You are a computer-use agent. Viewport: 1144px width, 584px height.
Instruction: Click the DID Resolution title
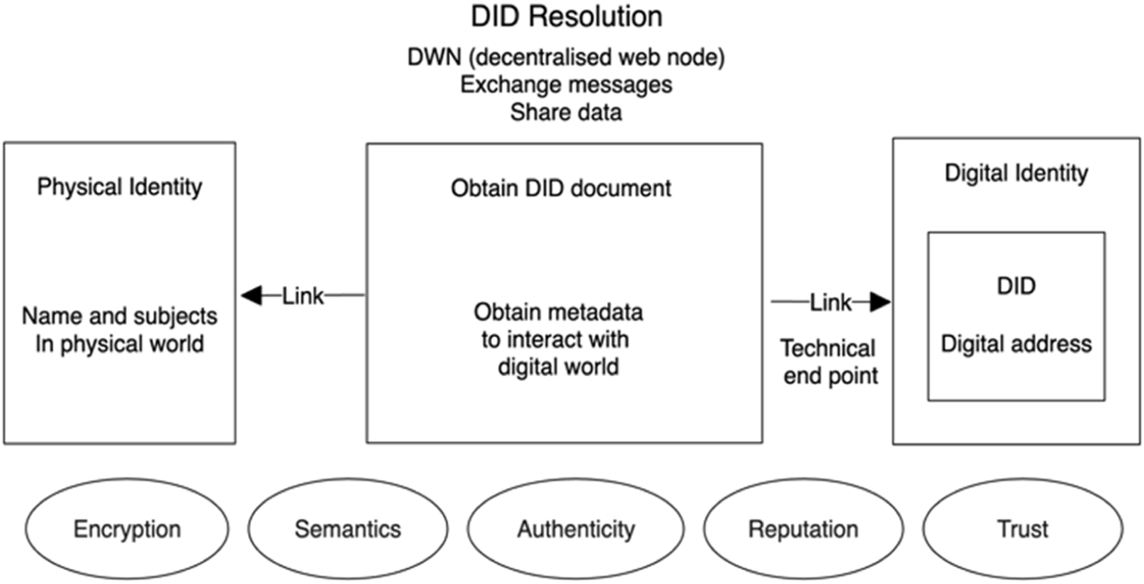click(x=566, y=16)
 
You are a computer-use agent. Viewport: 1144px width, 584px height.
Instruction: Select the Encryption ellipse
click(x=127, y=528)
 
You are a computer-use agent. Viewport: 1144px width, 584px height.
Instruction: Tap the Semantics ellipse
click(x=347, y=528)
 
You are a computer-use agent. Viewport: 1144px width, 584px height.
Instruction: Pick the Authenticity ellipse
click(x=575, y=528)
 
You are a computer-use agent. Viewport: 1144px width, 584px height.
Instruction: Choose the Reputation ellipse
click(x=803, y=528)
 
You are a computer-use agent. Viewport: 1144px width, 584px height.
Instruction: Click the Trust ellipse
click(x=1022, y=528)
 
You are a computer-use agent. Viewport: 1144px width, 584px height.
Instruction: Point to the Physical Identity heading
click(x=119, y=186)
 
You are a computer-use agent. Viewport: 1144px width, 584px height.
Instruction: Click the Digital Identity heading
click(x=1016, y=173)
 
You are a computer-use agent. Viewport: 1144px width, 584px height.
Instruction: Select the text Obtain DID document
click(x=561, y=188)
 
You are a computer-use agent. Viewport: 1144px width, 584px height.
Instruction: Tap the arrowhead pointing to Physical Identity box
click(x=251, y=295)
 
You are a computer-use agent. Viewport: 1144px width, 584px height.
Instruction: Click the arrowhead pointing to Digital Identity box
click(x=879, y=303)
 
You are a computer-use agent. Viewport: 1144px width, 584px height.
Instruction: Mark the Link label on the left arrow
click(x=303, y=295)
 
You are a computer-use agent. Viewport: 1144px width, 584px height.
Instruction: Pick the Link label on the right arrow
click(x=830, y=303)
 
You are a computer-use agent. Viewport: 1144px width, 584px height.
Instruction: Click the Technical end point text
click(x=828, y=362)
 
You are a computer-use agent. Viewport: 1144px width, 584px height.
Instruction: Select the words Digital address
click(x=1016, y=344)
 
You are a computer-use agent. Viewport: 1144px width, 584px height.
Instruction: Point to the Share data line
click(x=565, y=112)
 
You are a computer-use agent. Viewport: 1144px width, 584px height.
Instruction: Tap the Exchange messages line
click(x=565, y=85)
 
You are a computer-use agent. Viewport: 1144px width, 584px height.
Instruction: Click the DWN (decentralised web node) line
click(x=565, y=59)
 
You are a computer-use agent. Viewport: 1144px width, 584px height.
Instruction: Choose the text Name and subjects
click(x=119, y=316)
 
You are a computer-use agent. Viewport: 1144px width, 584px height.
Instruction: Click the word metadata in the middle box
click(x=601, y=312)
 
